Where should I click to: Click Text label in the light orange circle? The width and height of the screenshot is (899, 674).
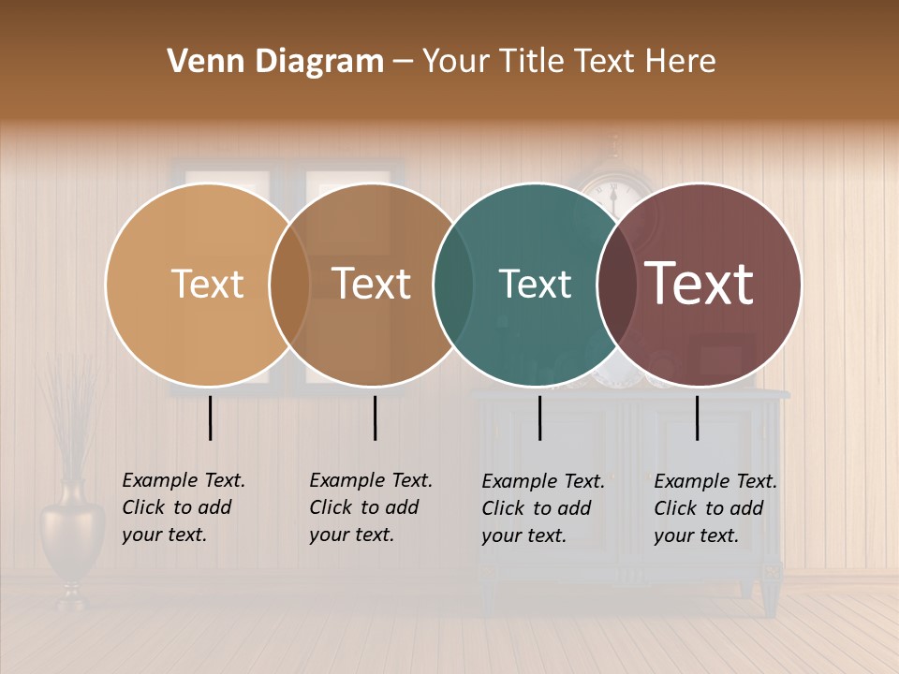tap(207, 284)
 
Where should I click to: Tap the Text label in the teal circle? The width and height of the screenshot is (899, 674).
tap(535, 284)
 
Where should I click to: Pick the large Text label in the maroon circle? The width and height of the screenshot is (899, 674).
tap(700, 284)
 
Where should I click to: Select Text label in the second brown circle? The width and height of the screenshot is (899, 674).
tap(371, 284)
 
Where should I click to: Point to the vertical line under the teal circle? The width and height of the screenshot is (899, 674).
tap(540, 418)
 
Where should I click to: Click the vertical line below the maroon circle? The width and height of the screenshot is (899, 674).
tap(698, 418)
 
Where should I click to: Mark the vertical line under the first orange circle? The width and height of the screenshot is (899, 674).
tap(211, 418)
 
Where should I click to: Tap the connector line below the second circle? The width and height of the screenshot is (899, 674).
tap(375, 418)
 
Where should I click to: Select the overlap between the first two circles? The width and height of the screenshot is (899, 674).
tap(289, 286)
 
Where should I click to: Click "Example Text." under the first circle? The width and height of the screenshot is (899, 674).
tap(184, 480)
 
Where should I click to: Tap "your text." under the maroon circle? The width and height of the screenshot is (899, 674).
tap(696, 535)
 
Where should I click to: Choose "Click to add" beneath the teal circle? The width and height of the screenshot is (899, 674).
tap(537, 508)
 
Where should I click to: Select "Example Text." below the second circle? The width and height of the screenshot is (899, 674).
tap(371, 480)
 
